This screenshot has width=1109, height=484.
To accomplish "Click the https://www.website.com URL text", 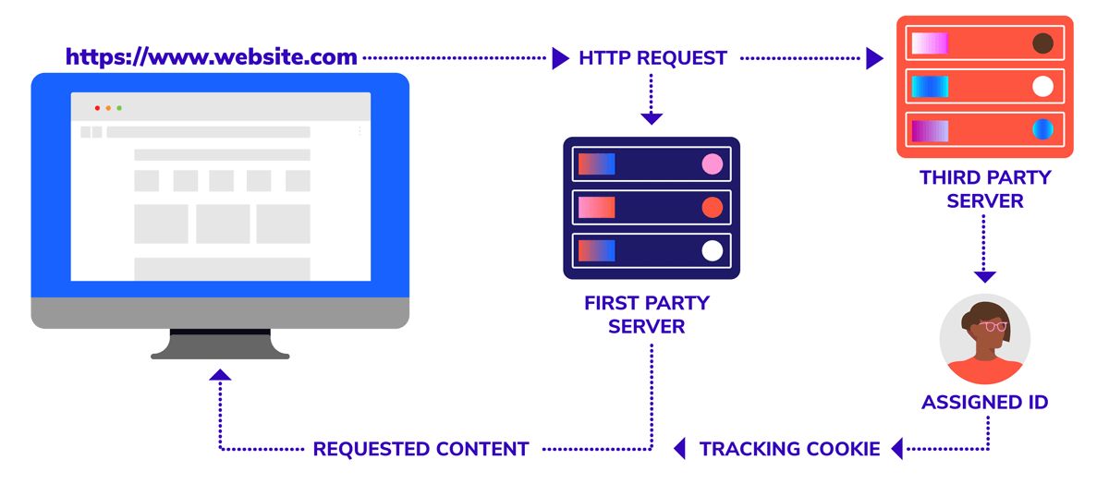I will (211, 57).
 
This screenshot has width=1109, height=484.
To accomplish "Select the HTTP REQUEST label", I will (652, 58).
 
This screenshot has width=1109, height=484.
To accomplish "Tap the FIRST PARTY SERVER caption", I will (647, 315).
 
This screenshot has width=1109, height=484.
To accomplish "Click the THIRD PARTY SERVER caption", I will (985, 188).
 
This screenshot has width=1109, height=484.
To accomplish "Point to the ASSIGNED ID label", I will (985, 403).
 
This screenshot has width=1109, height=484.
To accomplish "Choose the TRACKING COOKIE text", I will (789, 450).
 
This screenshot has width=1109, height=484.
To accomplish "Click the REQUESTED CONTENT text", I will (420, 450).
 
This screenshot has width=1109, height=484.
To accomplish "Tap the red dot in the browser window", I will (97, 108).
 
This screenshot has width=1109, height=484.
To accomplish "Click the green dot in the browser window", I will (119, 108).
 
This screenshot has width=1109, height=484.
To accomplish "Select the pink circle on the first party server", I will (712, 164).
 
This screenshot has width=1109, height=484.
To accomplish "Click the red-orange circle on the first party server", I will (712, 208).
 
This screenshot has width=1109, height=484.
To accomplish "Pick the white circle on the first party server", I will (712, 250).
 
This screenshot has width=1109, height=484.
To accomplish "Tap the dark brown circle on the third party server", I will (1042, 43).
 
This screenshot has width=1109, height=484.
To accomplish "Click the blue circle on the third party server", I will (1042, 129).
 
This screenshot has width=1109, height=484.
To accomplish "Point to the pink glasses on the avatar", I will (993, 325).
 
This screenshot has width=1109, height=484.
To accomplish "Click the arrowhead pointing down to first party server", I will (652, 118).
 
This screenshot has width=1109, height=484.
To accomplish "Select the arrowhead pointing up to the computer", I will (220, 375).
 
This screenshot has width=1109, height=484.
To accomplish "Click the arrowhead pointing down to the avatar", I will (985, 276).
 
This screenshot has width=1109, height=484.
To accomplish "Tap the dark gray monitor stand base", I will (220, 352).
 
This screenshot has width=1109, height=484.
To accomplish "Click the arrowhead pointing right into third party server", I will (874, 59).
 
